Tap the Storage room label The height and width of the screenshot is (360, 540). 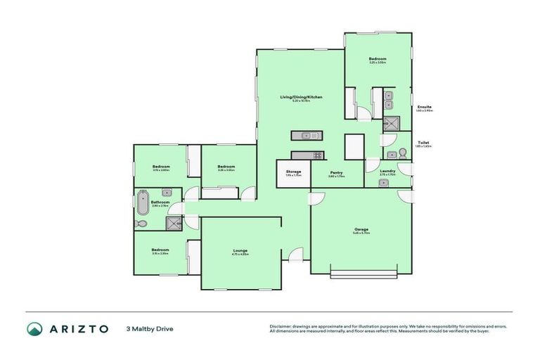coord(293,172)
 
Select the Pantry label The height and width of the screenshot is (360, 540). coord(336,172)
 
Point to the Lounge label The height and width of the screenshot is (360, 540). coord(240,251)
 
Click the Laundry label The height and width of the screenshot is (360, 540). coord(387,171)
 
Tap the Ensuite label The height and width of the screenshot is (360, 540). coord(424,107)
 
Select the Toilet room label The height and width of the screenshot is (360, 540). coord(423,142)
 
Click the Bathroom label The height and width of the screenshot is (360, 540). coord(160,202)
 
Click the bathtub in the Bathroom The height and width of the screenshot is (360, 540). coord(143,202)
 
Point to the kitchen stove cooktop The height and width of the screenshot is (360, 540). coord(317,155)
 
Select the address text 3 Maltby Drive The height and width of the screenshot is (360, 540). coord(149,328)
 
